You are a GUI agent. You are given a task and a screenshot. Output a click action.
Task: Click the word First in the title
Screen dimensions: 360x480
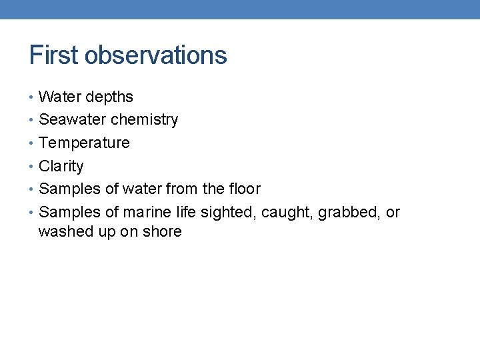click(53, 55)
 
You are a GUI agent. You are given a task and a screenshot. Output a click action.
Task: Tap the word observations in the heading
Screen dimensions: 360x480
click(156, 55)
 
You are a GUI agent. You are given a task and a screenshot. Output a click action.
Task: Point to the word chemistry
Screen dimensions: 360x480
click(145, 121)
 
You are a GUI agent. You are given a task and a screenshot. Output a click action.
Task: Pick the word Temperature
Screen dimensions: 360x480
click(84, 143)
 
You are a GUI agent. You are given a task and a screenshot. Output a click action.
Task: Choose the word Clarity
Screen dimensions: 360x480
click(61, 167)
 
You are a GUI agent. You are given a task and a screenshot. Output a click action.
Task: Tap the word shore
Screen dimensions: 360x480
click(162, 232)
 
